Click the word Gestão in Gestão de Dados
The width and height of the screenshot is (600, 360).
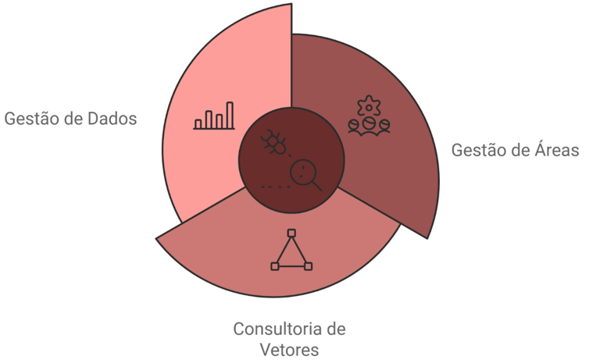point(31,119)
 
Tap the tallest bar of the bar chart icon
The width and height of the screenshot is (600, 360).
point(230,114)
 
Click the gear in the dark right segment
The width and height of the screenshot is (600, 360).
point(367,105)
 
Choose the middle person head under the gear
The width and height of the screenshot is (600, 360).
point(367,123)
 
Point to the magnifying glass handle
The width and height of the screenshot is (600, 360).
point(316,186)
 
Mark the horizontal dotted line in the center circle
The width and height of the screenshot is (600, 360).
point(271,187)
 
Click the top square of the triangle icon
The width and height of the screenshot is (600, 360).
point(291,233)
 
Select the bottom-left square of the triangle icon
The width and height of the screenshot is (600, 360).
point(274,267)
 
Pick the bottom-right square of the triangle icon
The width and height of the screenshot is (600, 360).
point(309,267)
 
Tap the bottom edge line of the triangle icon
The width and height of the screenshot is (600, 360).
point(291,267)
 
